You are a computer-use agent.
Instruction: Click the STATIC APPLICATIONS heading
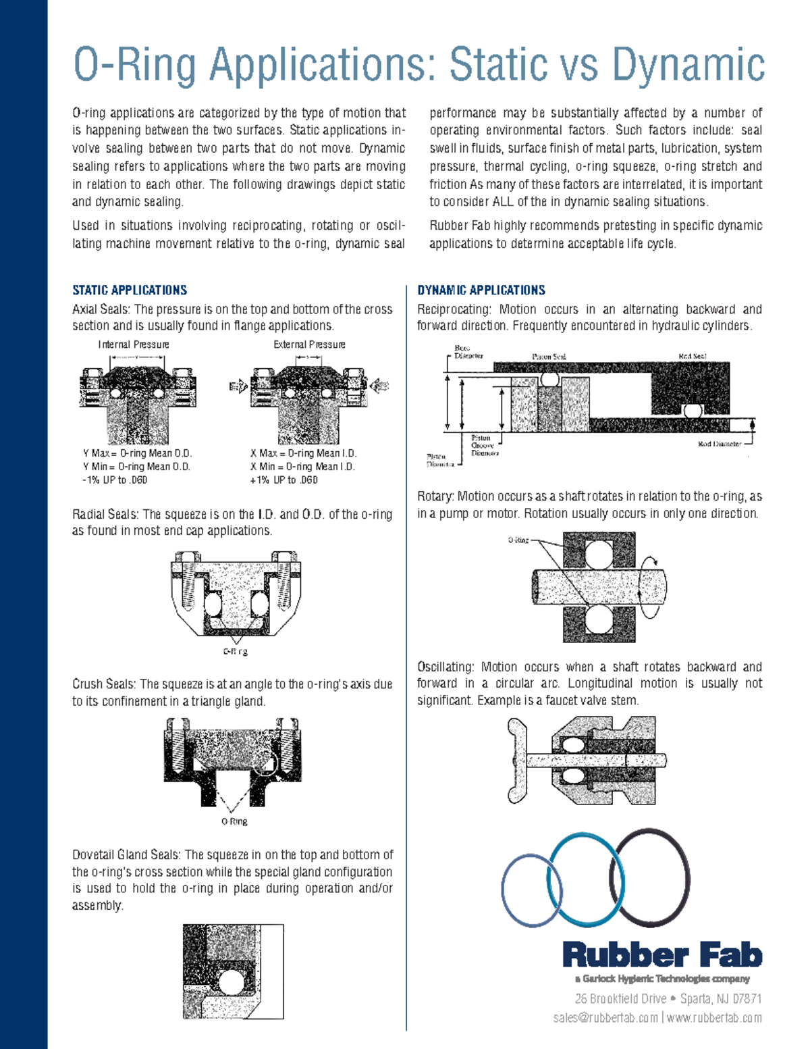[x=130, y=290]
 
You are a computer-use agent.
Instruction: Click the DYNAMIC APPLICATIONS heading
[x=481, y=290]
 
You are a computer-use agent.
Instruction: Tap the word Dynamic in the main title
[x=688, y=65]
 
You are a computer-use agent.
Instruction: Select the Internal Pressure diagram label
[x=134, y=344]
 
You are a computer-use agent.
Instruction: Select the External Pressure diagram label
[x=309, y=344]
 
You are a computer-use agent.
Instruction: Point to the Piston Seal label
[x=549, y=357]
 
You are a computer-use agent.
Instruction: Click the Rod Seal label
[x=693, y=356]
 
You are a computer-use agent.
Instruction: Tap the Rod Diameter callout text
[x=719, y=444]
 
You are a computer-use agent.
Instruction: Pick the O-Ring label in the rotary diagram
[x=518, y=540]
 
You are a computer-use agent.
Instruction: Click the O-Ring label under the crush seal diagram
[x=234, y=821]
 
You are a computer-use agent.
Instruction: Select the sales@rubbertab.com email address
[x=605, y=1018]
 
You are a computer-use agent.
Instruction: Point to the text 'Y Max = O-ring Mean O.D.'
[x=137, y=453]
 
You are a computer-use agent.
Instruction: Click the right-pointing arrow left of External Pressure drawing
[x=238, y=386]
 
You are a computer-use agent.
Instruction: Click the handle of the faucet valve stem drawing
[x=517, y=760]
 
